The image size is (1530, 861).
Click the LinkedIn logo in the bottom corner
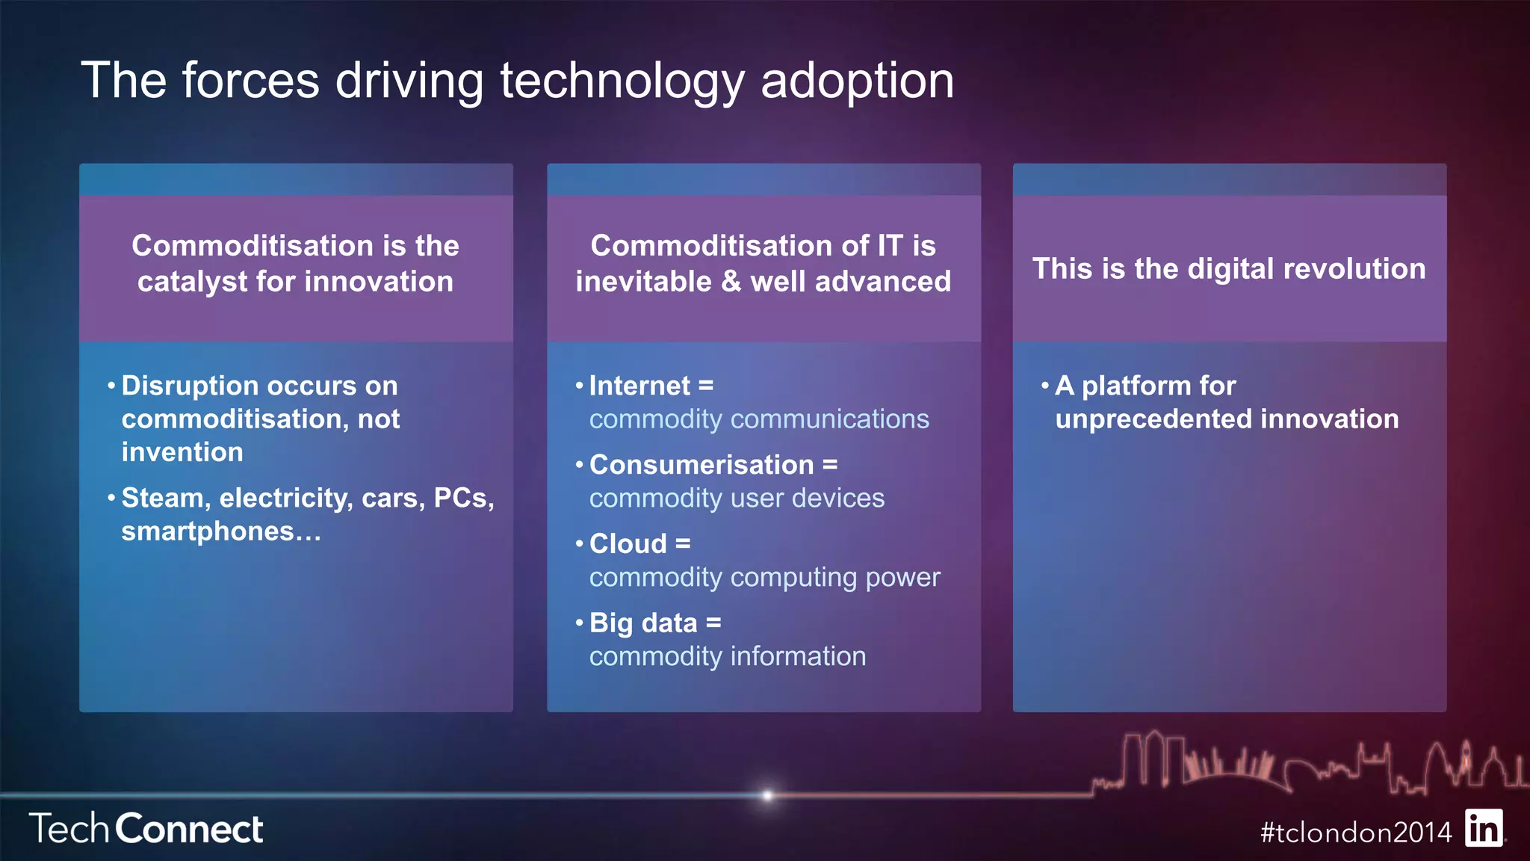[x=1484, y=828]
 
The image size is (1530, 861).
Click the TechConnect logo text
[x=146, y=829]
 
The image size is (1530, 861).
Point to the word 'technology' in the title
[x=622, y=81]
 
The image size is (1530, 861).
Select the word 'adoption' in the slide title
[x=857, y=81]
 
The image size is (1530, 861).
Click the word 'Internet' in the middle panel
[x=639, y=386]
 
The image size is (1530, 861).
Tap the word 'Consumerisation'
[x=701, y=465]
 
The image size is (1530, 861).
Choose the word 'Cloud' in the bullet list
[x=628, y=544]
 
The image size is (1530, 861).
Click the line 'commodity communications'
[x=759, y=419]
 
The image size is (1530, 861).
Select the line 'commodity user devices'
[x=737, y=499]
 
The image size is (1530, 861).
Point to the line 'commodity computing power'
[x=764, y=578]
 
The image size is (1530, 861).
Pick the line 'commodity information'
[x=728, y=656]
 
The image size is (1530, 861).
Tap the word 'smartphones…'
[x=221, y=531]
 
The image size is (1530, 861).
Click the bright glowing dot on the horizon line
[x=767, y=795]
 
